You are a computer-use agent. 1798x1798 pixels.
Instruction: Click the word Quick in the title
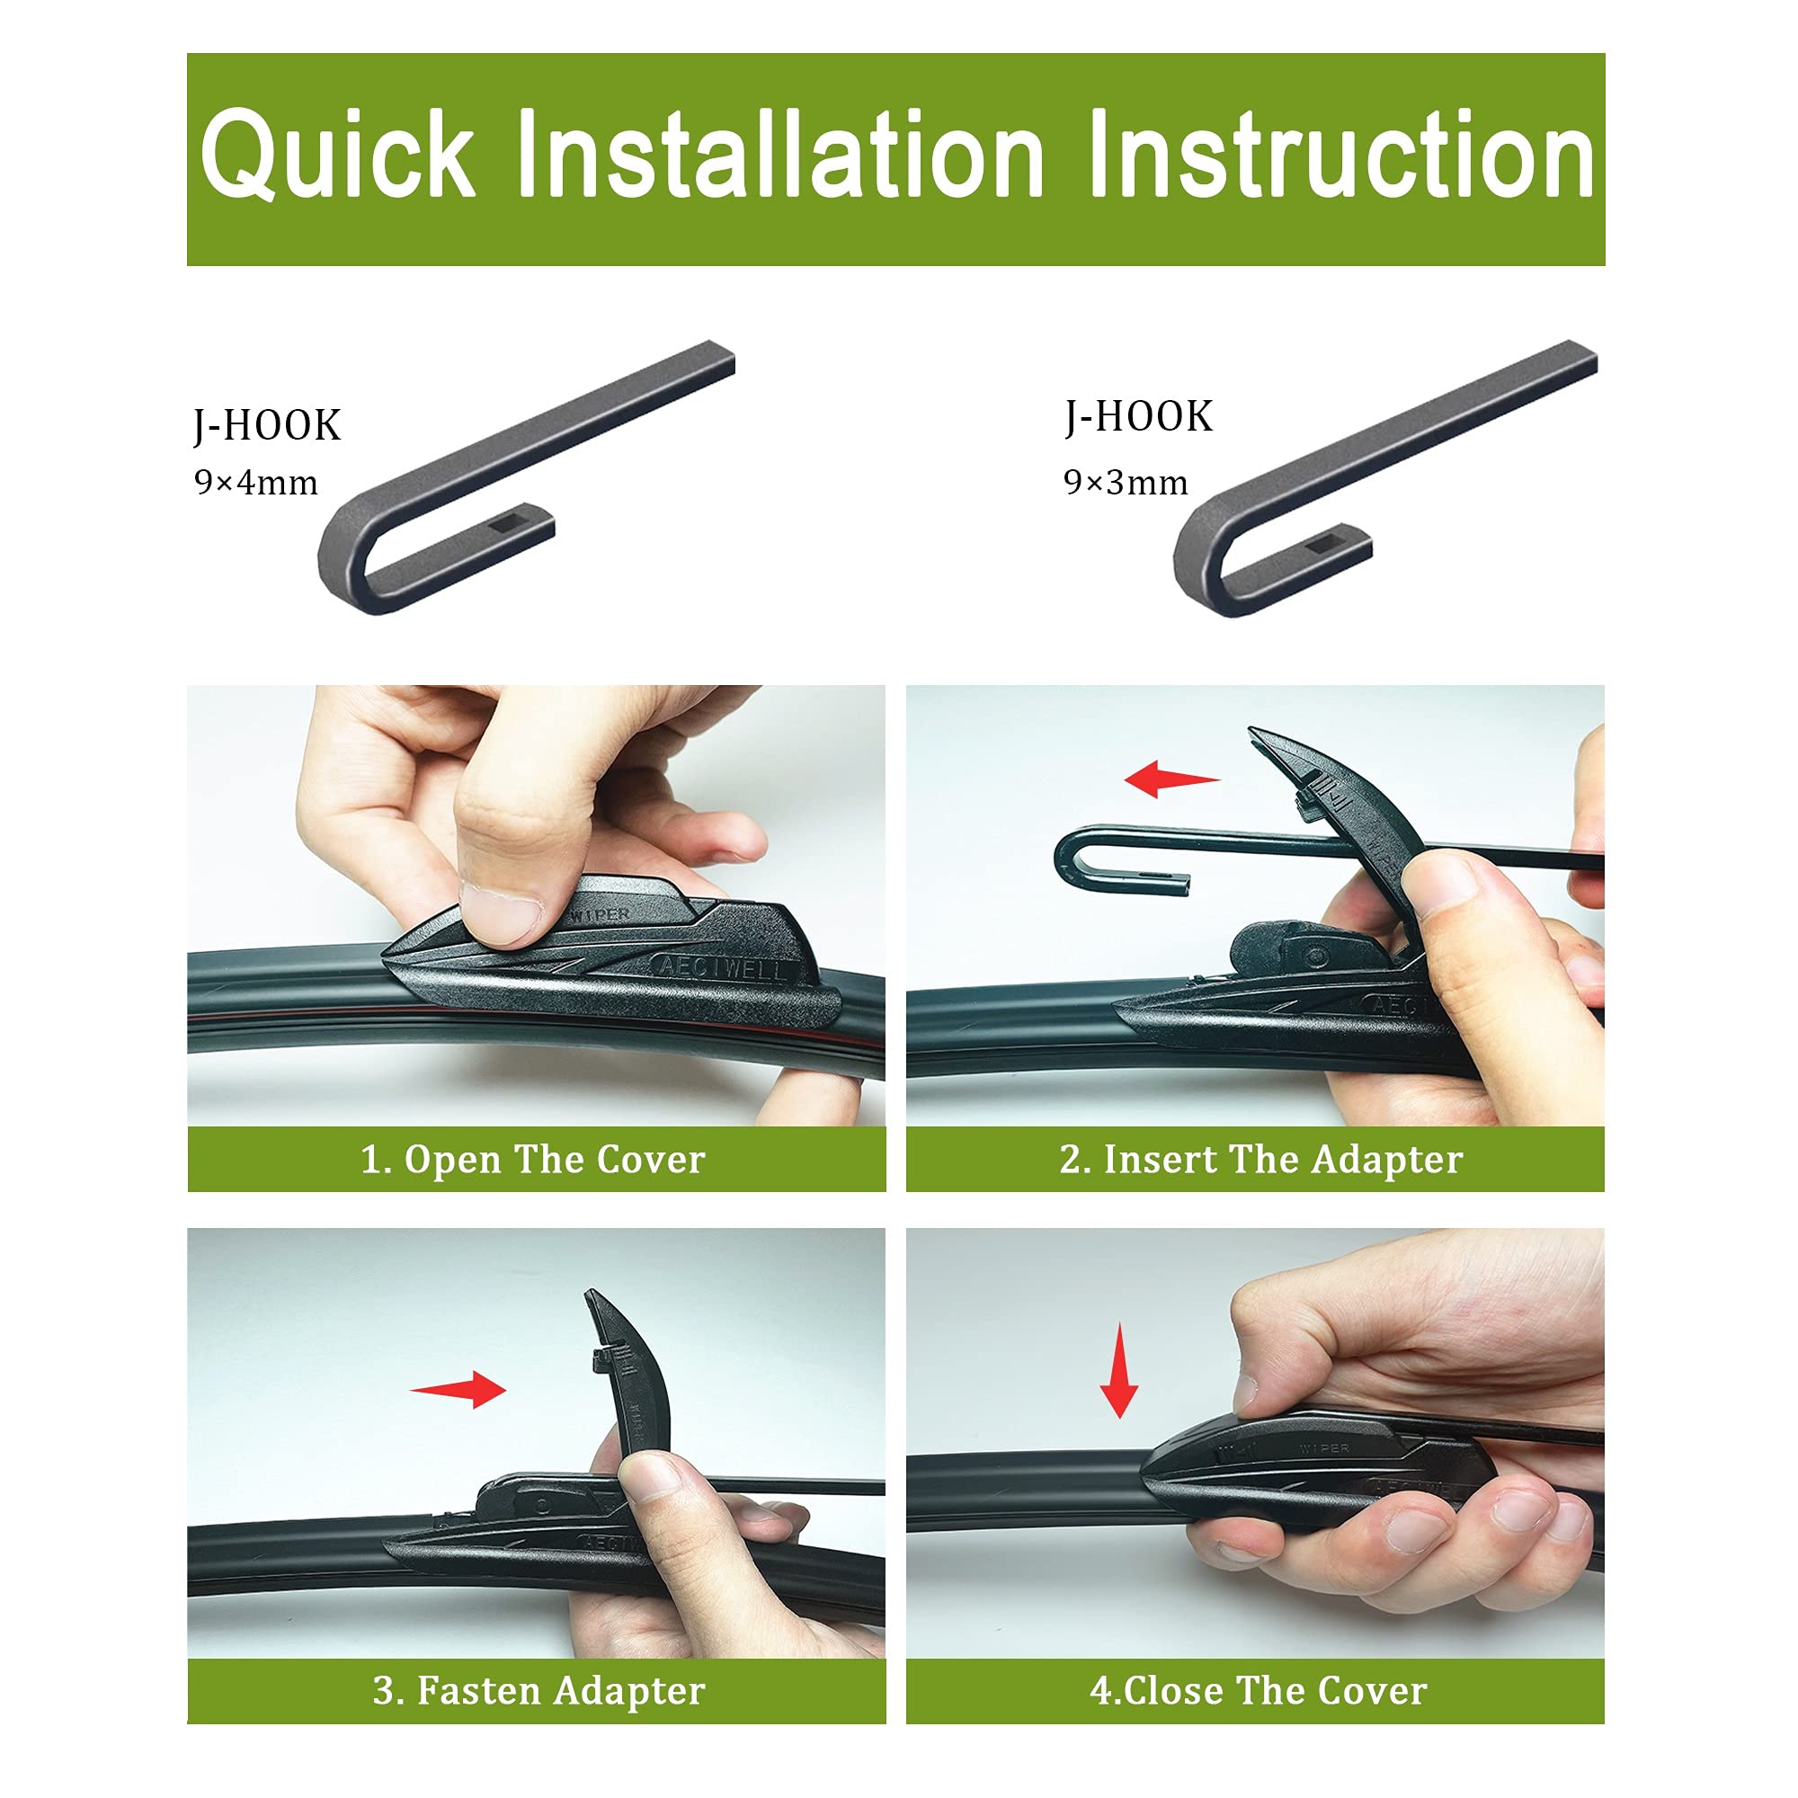(x=337, y=155)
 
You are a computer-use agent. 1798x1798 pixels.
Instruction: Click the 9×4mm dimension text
(x=256, y=482)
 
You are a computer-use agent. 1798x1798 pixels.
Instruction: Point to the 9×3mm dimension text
(x=1126, y=482)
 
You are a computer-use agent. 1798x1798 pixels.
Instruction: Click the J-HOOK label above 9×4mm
(x=267, y=425)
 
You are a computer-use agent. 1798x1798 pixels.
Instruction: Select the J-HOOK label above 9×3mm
(x=1139, y=416)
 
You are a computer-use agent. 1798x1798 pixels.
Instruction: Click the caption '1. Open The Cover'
(x=532, y=1160)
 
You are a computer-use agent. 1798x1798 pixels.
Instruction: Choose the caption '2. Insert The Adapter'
(x=1261, y=1160)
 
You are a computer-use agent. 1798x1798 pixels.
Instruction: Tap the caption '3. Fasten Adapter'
(x=539, y=1690)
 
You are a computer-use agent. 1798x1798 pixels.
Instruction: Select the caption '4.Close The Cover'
(x=1259, y=1690)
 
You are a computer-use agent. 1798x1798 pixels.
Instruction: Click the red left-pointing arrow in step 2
(x=1170, y=779)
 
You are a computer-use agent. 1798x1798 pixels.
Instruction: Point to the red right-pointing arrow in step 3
(x=458, y=1391)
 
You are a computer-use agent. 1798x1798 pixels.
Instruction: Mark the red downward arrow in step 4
(x=1118, y=1371)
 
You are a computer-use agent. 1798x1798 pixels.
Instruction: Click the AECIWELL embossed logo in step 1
(x=721, y=967)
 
